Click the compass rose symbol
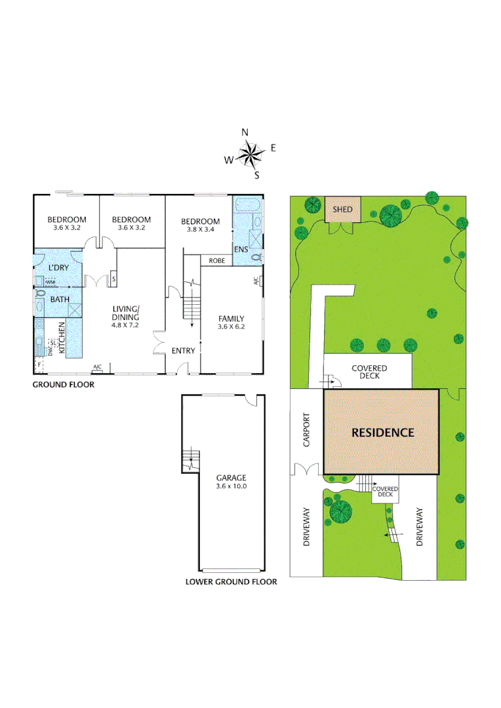point(249,155)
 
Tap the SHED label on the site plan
point(342,210)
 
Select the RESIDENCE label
point(383,433)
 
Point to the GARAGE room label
point(231,478)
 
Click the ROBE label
point(218,261)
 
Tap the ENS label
point(241,250)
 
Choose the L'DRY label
point(58,267)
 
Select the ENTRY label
point(184,351)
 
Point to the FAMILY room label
point(231,319)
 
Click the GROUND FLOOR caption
point(64,385)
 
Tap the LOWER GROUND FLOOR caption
point(231,581)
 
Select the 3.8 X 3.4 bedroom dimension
point(200,230)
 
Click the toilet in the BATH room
point(41,294)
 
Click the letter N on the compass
point(245,132)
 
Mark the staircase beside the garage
point(190,460)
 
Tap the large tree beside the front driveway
point(341,511)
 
